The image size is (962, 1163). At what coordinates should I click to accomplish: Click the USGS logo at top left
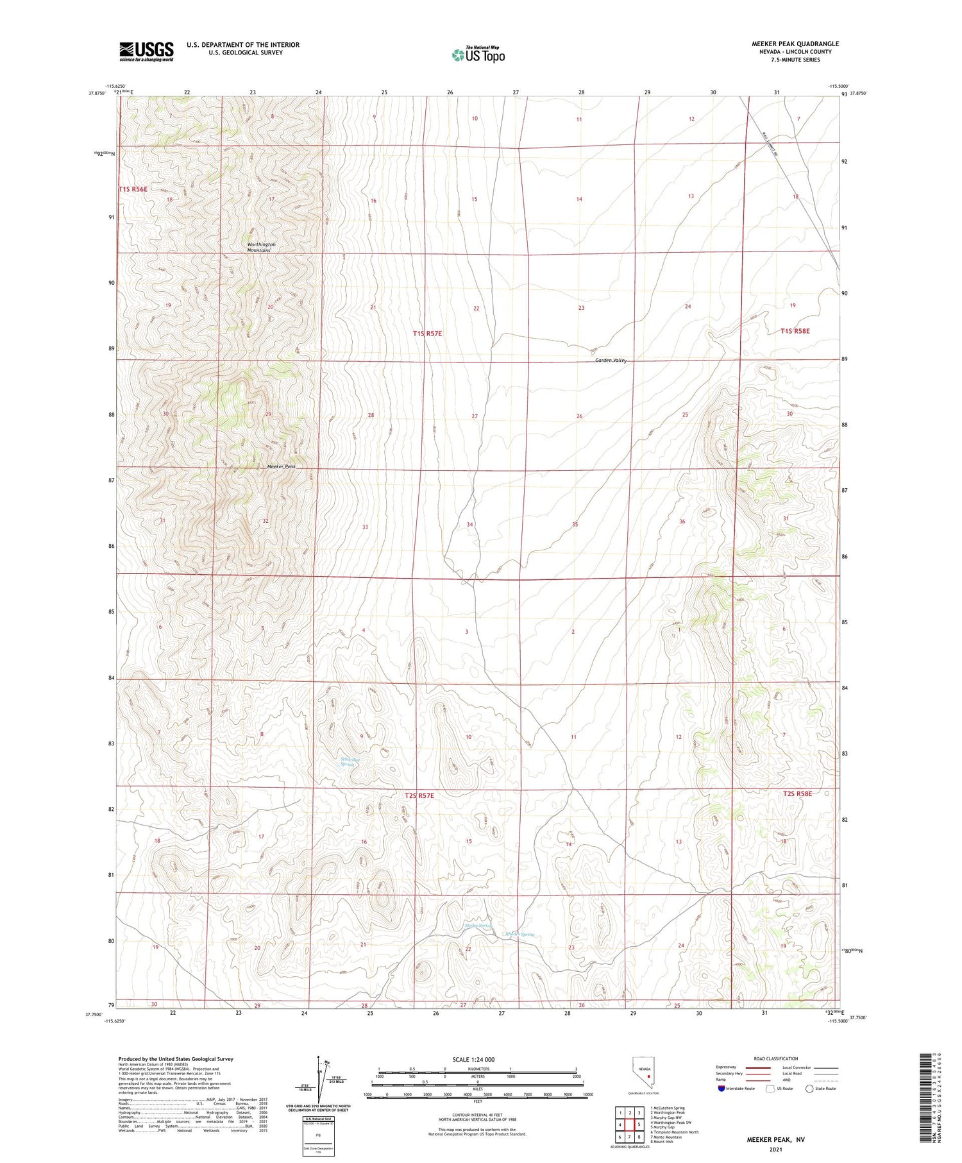click(x=146, y=51)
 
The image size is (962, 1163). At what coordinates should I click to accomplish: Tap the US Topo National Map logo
click(x=478, y=55)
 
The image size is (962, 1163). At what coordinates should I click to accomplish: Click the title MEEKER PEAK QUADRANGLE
click(x=795, y=44)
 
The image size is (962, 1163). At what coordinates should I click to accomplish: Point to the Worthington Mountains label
click(x=262, y=247)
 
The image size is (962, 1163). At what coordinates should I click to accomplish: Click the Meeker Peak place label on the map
click(x=281, y=466)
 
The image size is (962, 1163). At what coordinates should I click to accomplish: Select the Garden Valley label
click(x=611, y=361)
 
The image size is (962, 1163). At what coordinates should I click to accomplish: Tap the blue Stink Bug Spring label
click(x=350, y=762)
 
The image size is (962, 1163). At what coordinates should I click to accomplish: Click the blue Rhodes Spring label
click(x=519, y=934)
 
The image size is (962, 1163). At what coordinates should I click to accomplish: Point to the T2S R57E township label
click(x=419, y=795)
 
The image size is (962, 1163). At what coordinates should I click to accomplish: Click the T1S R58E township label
click(x=795, y=331)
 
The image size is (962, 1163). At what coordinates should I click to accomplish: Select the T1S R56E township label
click(x=133, y=189)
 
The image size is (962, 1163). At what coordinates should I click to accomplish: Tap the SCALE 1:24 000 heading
click(x=473, y=1059)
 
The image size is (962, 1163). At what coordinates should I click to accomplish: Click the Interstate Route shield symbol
click(x=721, y=1088)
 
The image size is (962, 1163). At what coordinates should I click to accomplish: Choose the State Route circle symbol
click(x=809, y=1088)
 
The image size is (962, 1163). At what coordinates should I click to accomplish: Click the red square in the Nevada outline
click(x=648, y=1077)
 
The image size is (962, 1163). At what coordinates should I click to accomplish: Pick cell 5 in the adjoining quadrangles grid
click(x=639, y=1124)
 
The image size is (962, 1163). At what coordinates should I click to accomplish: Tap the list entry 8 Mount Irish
click(x=661, y=1141)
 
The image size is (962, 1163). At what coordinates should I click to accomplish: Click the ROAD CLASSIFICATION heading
click(x=776, y=1058)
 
